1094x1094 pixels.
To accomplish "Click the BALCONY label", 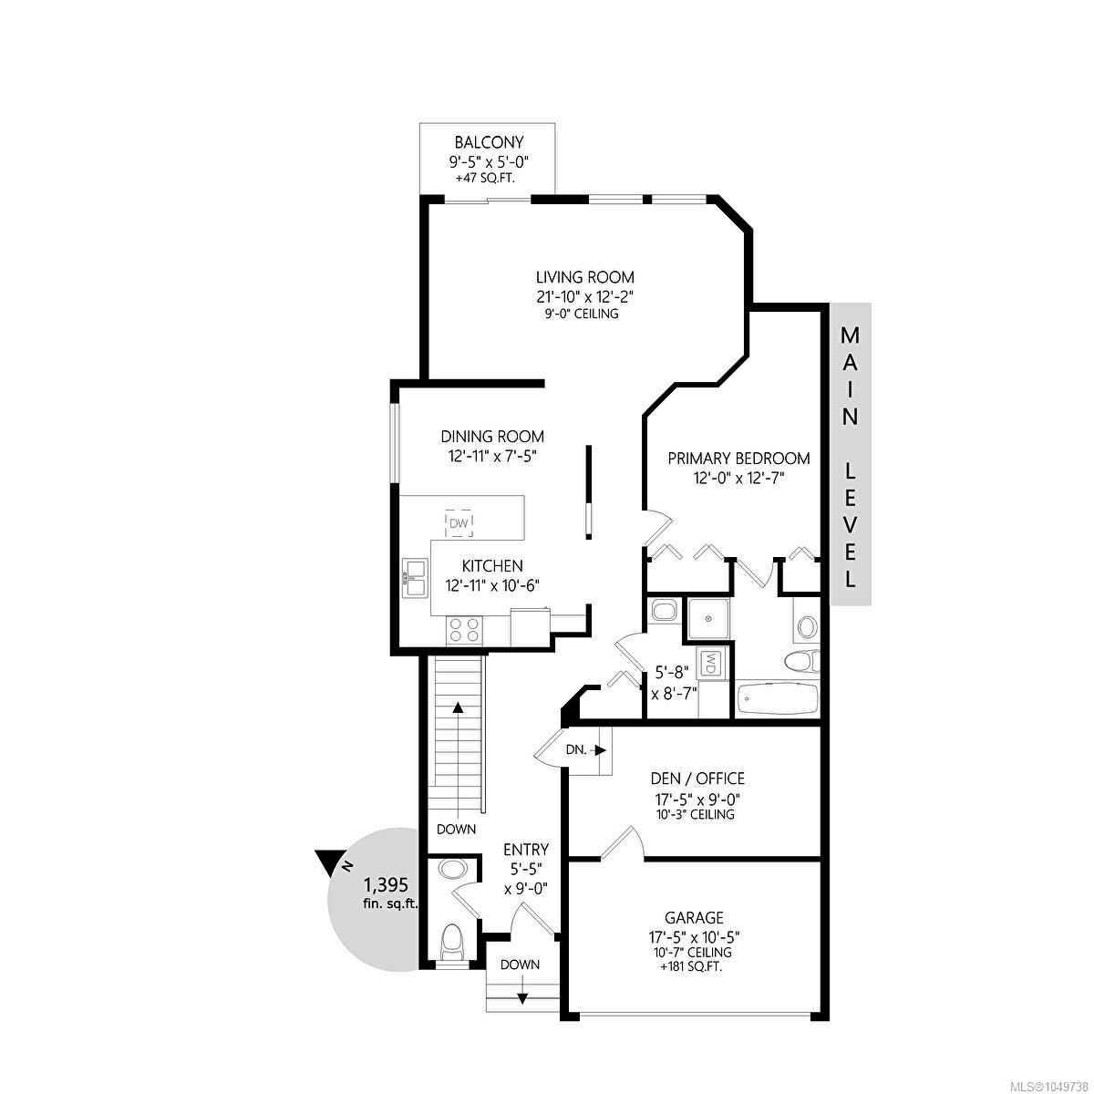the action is pyautogui.click(x=489, y=141).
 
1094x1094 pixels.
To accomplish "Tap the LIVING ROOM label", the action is pyautogui.click(x=584, y=278).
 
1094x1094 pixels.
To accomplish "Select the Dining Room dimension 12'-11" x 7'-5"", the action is pyautogui.click(x=491, y=456).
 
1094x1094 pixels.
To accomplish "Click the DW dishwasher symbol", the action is pyautogui.click(x=459, y=524).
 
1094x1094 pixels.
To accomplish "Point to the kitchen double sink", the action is pyautogui.click(x=415, y=578).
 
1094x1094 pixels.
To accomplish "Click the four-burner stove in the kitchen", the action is pyautogui.click(x=464, y=630).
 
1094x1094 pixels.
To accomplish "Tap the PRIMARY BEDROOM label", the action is pyautogui.click(x=738, y=459).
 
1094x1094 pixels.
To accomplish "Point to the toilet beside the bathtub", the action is pyautogui.click(x=802, y=661).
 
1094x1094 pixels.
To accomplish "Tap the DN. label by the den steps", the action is pyautogui.click(x=575, y=749).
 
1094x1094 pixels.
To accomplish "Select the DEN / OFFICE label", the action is pyautogui.click(x=697, y=778).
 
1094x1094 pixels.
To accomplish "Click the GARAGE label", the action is pyautogui.click(x=695, y=917).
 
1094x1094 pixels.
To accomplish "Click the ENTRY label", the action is pyautogui.click(x=526, y=850).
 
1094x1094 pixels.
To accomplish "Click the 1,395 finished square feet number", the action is pyautogui.click(x=386, y=884).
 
